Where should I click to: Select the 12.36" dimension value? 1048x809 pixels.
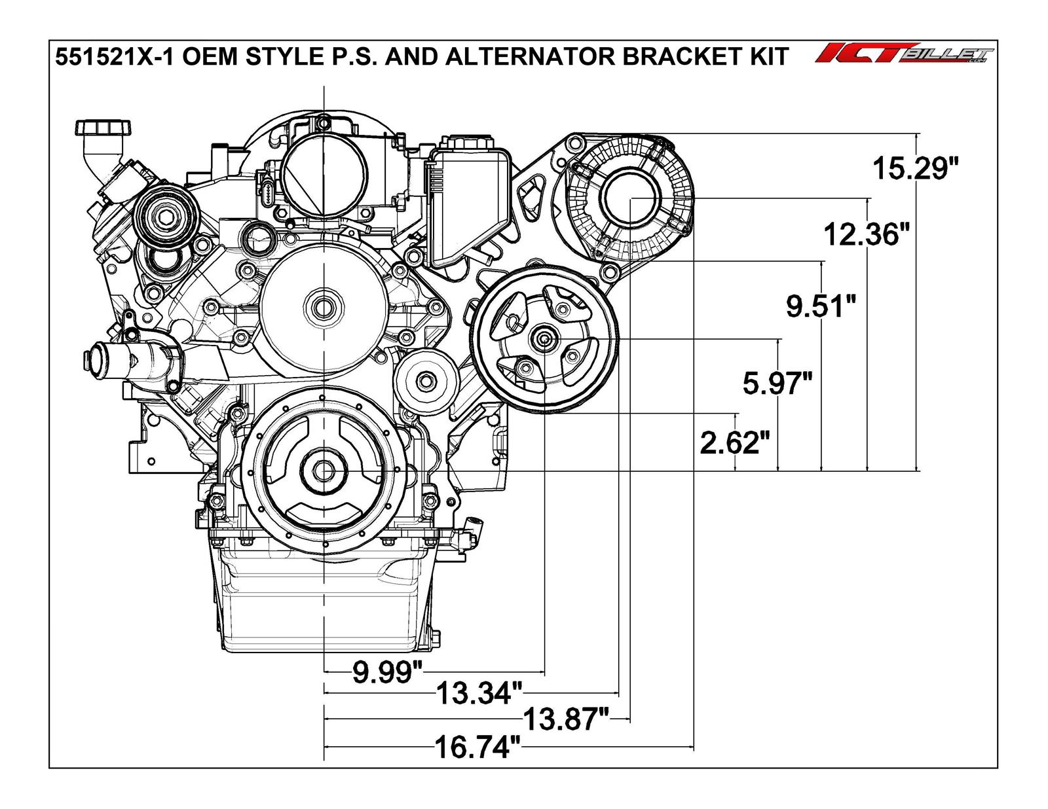point(866,234)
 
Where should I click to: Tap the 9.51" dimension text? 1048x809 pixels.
point(821,306)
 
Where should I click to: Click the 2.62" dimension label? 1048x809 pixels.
point(734,443)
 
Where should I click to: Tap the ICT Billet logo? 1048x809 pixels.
point(904,54)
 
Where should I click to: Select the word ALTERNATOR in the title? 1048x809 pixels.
point(529,57)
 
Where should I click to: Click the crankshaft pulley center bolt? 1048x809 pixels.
point(324,470)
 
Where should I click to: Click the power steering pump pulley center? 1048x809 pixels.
point(544,338)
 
